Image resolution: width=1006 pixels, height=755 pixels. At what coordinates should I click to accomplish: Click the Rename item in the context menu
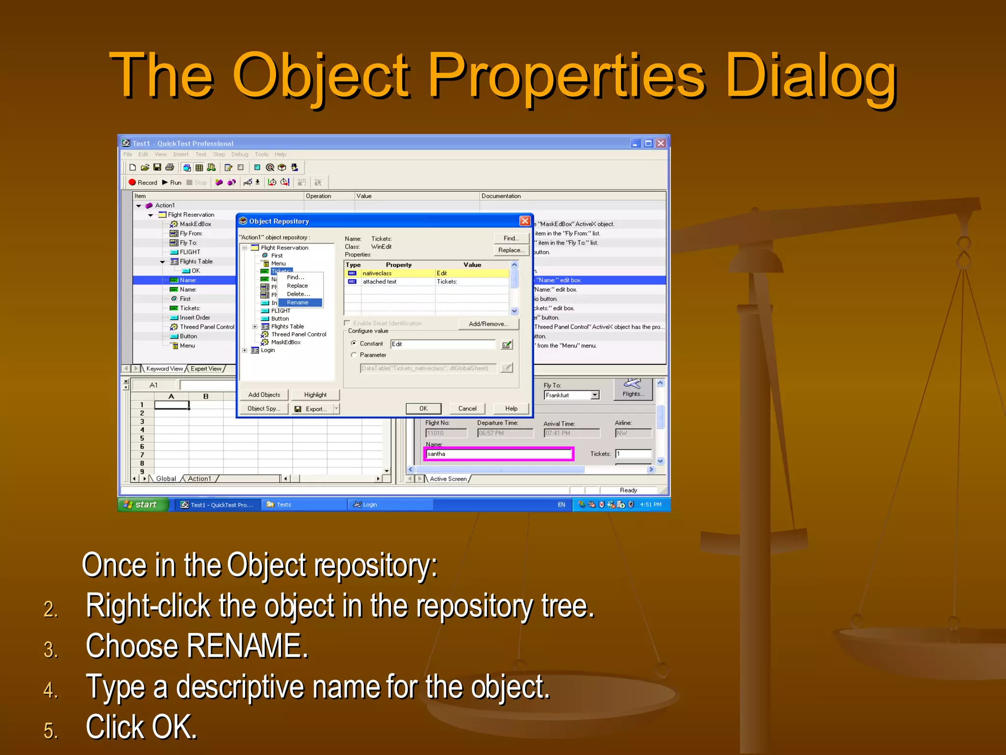(298, 302)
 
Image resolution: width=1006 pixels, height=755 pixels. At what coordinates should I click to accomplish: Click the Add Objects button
(264, 395)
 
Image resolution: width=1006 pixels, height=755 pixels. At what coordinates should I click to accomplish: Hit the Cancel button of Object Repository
(467, 408)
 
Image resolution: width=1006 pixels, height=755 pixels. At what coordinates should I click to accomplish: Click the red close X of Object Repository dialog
(525, 221)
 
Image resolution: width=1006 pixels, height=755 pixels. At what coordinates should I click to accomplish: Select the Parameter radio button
(354, 355)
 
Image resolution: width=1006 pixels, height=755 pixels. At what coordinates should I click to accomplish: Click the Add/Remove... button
(488, 324)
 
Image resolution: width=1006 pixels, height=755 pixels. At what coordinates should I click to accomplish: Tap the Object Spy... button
(264, 408)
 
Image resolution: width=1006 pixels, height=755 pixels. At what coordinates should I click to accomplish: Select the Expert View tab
(206, 369)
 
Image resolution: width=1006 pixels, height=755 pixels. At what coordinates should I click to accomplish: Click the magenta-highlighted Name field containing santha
(498, 454)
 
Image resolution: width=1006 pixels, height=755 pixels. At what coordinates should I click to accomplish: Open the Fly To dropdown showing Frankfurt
(595, 395)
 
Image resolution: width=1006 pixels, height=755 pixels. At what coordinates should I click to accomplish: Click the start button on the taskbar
(142, 504)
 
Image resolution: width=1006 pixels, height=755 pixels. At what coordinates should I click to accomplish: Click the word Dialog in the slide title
(811, 76)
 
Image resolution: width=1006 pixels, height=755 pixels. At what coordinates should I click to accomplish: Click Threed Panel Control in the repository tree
(298, 334)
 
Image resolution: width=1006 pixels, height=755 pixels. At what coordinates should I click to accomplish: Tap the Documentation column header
(501, 196)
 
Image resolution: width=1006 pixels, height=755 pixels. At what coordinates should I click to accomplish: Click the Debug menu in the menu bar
(240, 154)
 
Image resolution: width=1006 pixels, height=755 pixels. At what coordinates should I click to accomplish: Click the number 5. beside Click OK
(51, 730)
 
